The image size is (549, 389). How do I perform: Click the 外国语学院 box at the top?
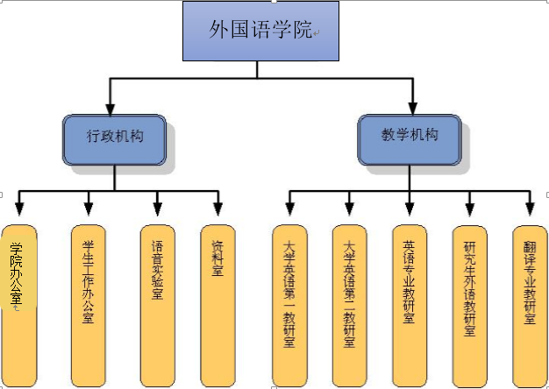click(x=261, y=32)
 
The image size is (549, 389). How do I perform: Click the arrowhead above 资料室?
click(x=217, y=209)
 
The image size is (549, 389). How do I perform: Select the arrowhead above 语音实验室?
click(x=157, y=209)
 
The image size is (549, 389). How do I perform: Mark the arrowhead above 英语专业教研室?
click(x=409, y=209)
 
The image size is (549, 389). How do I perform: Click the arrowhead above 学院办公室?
click(x=19, y=209)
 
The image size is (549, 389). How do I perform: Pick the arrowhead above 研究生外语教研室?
click(x=469, y=209)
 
